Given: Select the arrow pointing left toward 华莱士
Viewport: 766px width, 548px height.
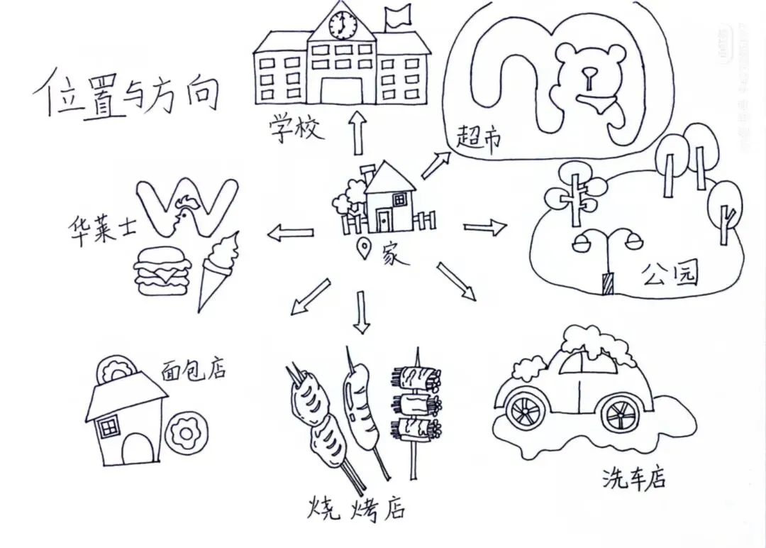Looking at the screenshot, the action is (291, 232).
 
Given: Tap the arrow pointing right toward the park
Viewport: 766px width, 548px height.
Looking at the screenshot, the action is (485, 227).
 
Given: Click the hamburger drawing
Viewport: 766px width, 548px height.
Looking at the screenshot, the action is (163, 271).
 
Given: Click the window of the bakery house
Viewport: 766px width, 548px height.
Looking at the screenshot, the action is (109, 427).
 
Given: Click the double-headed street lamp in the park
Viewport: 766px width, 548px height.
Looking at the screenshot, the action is (608, 256).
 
